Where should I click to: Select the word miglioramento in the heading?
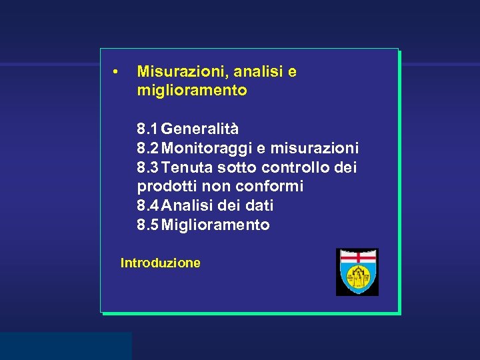coord(192,90)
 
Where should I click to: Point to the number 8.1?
coord(147,128)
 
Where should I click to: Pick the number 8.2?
coord(147,147)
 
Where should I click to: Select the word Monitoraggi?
coord(204,147)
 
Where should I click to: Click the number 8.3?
coord(147,167)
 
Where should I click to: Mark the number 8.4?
coord(147,205)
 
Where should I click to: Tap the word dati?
coord(259,205)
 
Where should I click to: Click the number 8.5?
coord(147,225)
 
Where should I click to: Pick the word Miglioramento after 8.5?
coord(216,225)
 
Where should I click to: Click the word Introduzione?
coord(160,263)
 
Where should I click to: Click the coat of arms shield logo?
coord(357,272)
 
